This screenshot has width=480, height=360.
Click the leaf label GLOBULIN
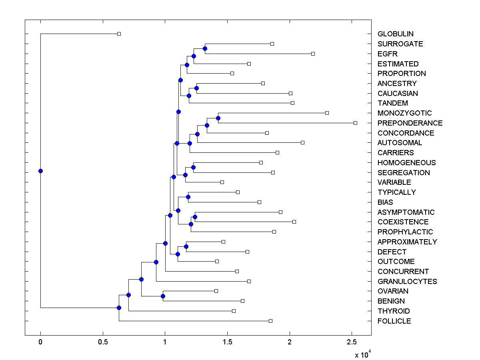point(395,34)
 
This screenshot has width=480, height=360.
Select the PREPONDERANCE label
point(410,123)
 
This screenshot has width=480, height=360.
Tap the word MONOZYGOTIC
point(404,113)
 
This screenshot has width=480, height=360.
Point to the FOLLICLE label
point(394,321)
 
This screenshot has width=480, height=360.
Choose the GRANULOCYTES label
point(407,281)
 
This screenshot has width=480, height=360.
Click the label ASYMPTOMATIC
point(406,212)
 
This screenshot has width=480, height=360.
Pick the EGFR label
point(387,54)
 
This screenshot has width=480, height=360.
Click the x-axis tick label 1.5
point(227,342)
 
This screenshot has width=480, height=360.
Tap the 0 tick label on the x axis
point(40,342)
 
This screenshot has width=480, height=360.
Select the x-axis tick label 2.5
point(352,342)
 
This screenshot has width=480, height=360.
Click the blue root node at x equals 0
point(40,171)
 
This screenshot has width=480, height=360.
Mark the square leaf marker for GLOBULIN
point(119,34)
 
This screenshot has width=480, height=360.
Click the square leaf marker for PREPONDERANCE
point(355,123)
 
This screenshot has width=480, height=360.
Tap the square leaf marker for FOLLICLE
point(270,321)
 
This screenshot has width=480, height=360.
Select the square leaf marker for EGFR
point(313,54)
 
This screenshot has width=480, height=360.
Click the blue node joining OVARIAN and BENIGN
point(163,296)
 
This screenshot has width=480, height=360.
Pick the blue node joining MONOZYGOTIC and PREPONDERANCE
point(218,118)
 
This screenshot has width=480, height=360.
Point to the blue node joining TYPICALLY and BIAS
point(188,197)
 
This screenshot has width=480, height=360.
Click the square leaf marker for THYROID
point(234,311)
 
